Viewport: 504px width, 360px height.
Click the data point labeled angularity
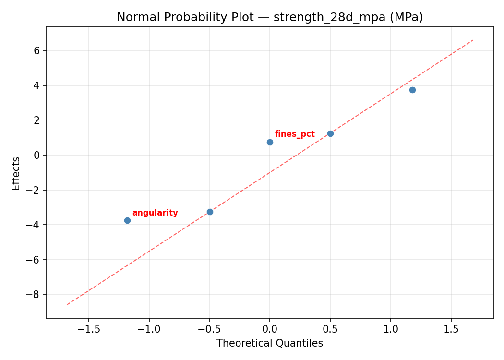pyautogui.click(x=127, y=220)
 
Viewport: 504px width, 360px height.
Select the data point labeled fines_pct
pyautogui.click(x=270, y=142)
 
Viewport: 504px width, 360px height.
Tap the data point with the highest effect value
pyautogui.click(x=412, y=90)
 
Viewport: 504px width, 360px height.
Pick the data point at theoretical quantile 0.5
pyautogui.click(x=330, y=133)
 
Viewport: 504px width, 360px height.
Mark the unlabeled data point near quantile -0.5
pyautogui.click(x=210, y=212)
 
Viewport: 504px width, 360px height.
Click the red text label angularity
pyautogui.click(x=155, y=213)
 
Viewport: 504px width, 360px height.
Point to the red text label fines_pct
pyautogui.click(x=295, y=134)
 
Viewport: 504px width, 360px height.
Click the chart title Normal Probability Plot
pyautogui.click(x=270, y=17)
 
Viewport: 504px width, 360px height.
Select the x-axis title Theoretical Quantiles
pyautogui.click(x=270, y=343)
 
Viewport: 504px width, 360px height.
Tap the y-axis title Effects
pyautogui.click(x=16, y=173)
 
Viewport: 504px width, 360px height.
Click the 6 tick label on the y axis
pyautogui.click(x=36, y=50)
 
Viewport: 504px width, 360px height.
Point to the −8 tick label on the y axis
pyautogui.click(x=34, y=294)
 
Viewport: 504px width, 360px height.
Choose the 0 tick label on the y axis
pyautogui.click(x=36, y=155)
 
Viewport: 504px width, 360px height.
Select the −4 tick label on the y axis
pyautogui.click(x=34, y=225)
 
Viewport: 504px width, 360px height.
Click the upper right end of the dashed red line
pyautogui.click(x=473, y=40)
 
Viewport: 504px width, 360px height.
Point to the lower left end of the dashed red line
pyautogui.click(x=67, y=304)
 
